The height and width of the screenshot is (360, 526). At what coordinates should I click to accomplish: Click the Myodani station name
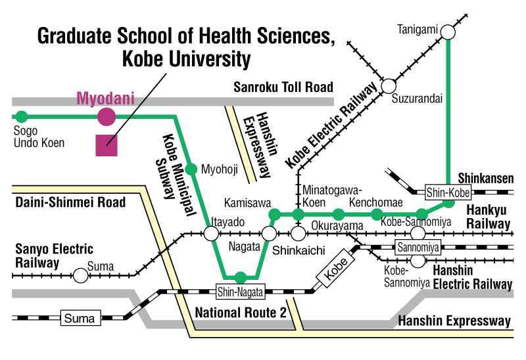tap(105, 99)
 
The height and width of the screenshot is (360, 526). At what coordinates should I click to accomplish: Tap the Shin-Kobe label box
tap(448, 192)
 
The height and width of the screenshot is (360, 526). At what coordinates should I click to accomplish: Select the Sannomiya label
tap(418, 248)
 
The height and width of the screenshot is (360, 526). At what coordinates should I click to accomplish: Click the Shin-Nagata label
tap(240, 292)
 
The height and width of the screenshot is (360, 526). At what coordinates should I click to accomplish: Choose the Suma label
tap(80, 319)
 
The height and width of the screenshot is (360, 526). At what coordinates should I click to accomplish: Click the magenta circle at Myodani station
tap(107, 117)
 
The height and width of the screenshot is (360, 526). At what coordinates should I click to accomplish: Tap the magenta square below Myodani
tap(107, 145)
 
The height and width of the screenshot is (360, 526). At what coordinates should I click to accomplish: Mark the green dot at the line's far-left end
tap(22, 117)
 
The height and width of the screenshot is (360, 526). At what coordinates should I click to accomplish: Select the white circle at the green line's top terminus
tap(448, 32)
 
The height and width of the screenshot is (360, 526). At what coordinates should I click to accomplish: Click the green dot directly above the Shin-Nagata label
tap(241, 277)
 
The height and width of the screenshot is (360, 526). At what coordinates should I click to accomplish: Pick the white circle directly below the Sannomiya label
tap(418, 261)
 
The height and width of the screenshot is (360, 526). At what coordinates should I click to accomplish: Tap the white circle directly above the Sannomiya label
tap(418, 233)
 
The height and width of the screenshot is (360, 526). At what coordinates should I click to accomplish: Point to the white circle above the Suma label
tap(80, 276)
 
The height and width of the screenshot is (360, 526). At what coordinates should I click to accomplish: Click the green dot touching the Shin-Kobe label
tap(448, 202)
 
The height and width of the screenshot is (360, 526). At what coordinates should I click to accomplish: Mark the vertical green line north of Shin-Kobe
tap(448, 112)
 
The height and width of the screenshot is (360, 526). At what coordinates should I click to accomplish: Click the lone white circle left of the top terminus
tap(389, 86)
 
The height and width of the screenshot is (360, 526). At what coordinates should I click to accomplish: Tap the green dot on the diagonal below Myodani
tap(191, 169)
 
